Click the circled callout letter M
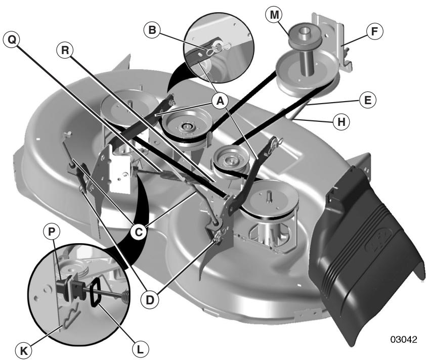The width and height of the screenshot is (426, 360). [x=274, y=15]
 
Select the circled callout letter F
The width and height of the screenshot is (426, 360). [x=374, y=31]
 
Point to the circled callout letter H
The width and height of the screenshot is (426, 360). [x=341, y=122]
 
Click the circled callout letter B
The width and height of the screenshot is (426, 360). [x=152, y=30]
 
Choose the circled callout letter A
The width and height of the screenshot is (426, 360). [x=220, y=101]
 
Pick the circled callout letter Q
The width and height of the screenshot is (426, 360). [x=12, y=40]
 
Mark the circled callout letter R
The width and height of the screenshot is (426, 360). [x=65, y=50]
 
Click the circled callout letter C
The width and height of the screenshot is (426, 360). [x=139, y=232]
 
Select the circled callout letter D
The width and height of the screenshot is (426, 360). [x=149, y=300]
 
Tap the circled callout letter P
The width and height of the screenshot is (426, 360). [x=51, y=232]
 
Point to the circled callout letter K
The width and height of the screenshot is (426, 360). [x=23, y=351]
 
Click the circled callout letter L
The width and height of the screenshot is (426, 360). [x=140, y=349]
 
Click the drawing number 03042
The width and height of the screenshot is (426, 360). [x=403, y=340]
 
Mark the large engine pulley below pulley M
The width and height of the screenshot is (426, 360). [x=308, y=73]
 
